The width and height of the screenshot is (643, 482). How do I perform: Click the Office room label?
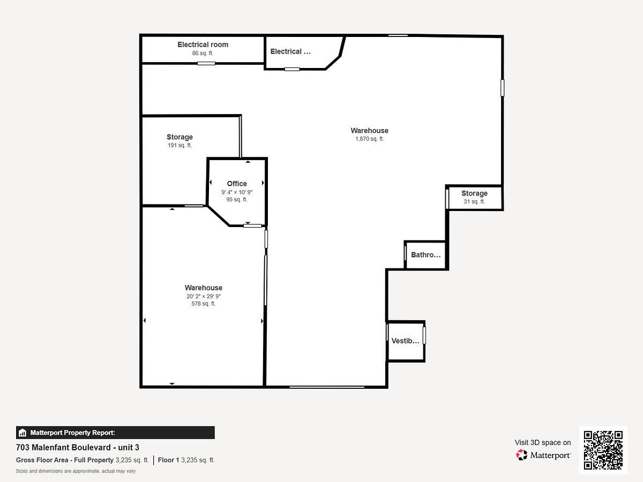[237, 184]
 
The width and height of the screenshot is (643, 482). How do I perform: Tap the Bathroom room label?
[425, 254]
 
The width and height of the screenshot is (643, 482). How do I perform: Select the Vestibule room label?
[406, 341]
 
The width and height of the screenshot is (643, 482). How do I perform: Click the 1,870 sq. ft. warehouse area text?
[369, 139]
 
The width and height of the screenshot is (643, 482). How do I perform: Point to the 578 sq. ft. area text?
[203, 304]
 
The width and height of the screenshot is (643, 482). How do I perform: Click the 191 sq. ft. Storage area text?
[180, 145]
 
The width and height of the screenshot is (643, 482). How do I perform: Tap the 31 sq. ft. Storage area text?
[474, 201]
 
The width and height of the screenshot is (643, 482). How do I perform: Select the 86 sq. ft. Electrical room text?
[203, 53]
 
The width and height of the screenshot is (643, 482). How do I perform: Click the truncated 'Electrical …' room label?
[290, 51]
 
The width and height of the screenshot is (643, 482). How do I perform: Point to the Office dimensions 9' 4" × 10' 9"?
[237, 192]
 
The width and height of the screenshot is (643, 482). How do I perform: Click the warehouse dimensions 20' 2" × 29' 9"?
[203, 296]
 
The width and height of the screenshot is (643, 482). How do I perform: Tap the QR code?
[603, 450]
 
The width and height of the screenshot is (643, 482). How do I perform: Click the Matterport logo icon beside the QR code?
[521, 455]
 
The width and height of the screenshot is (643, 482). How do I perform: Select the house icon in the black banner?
[23, 433]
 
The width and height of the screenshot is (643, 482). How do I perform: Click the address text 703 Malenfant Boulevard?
[63, 448]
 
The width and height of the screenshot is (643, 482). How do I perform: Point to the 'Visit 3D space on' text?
[542, 442]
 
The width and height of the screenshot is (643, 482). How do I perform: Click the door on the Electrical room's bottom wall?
[206, 64]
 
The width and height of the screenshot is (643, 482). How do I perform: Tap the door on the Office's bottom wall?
[252, 225]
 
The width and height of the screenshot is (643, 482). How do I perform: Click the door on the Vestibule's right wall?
[424, 335]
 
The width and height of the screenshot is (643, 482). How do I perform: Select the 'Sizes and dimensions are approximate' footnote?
[76, 471]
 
